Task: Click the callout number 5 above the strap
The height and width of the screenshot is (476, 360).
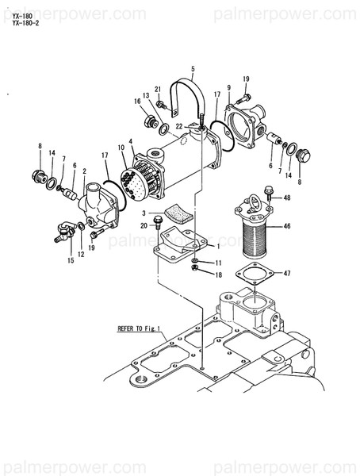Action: click(x=192, y=70)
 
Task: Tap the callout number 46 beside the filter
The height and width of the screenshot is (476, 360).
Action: click(x=287, y=226)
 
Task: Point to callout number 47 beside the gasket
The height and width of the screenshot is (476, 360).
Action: click(x=287, y=274)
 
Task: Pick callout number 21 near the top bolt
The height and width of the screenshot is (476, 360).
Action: click(x=158, y=89)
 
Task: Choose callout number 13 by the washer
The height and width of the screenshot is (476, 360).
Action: click(x=147, y=95)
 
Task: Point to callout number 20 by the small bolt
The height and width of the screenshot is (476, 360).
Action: click(x=144, y=226)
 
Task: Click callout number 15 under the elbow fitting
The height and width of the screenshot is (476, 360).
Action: click(x=71, y=259)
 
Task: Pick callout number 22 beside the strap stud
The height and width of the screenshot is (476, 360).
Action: click(x=179, y=127)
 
